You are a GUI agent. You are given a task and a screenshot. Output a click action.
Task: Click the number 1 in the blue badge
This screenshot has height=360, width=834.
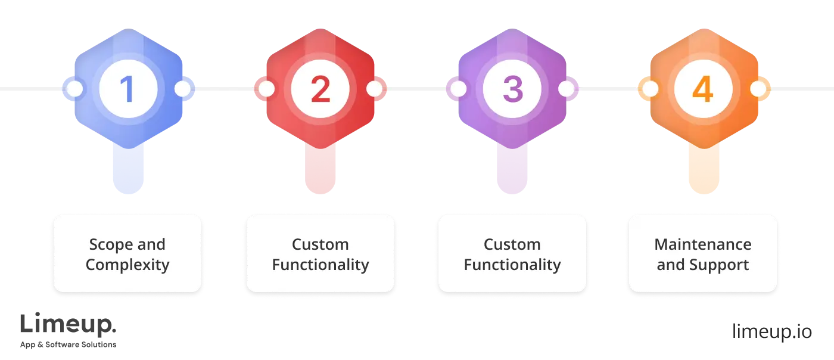[x=127, y=89]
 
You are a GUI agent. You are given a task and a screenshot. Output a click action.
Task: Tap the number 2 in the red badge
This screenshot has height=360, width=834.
[x=320, y=89]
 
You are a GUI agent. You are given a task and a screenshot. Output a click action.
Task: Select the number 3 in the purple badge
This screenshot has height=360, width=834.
[x=512, y=89]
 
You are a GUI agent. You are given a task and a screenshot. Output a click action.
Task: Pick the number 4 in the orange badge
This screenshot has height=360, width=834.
[x=703, y=89]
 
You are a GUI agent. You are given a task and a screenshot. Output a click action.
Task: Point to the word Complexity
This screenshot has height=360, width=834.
[x=127, y=265]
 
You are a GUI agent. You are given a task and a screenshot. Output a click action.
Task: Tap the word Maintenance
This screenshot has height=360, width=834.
[x=703, y=244]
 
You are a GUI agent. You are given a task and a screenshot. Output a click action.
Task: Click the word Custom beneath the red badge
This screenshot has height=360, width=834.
[x=320, y=244]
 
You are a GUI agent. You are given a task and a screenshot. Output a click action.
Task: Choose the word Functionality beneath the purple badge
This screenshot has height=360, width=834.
[x=512, y=265]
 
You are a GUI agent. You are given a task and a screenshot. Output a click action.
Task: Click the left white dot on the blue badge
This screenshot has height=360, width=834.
[x=75, y=89]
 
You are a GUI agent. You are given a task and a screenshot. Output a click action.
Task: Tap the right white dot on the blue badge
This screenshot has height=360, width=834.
[x=182, y=89]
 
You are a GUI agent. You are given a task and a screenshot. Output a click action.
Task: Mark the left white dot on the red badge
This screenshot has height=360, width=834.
[x=266, y=89]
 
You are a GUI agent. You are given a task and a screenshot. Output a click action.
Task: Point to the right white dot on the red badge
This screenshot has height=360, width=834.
[x=374, y=89]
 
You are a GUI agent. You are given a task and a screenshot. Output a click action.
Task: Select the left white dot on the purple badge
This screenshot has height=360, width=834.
[x=458, y=89]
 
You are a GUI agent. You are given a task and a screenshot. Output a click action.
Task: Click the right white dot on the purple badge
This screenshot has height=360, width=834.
[x=566, y=89]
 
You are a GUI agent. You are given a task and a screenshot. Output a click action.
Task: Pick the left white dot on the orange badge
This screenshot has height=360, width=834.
[x=650, y=89]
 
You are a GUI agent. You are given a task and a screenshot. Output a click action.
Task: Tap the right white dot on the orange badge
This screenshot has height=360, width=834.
[x=758, y=89]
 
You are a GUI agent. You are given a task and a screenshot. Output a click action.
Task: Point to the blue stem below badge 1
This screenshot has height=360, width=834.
[x=127, y=170]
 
